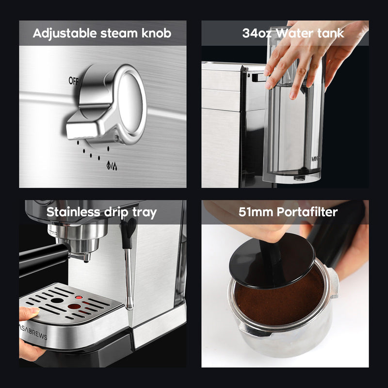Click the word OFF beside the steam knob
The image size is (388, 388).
74,81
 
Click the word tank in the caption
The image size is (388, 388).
331,33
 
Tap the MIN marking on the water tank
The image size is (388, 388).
314,158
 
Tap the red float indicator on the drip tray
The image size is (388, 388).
74,306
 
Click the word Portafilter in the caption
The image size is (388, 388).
311,212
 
